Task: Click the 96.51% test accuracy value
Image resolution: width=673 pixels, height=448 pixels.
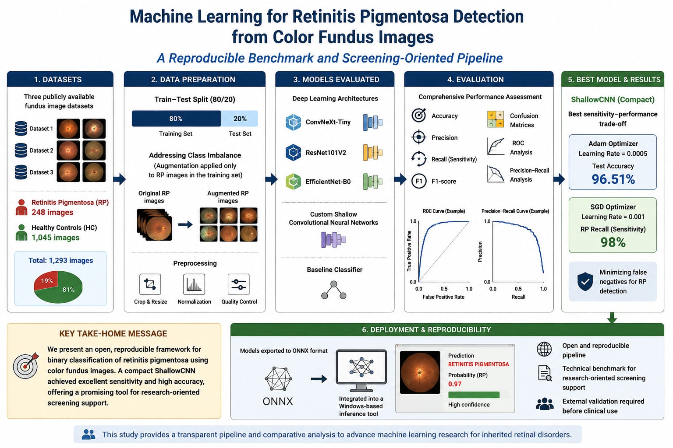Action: point(613,179)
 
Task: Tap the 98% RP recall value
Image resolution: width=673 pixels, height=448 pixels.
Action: point(613,242)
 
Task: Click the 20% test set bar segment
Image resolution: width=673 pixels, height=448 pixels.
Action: point(240,119)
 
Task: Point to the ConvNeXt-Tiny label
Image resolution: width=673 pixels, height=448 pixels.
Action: point(328,122)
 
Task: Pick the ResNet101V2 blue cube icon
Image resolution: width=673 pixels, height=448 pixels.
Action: point(293,152)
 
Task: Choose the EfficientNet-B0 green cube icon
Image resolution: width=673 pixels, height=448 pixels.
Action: point(293,182)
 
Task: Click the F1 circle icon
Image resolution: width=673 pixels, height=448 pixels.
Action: point(419,181)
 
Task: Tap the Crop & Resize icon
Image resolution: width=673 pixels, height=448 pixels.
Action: point(150,284)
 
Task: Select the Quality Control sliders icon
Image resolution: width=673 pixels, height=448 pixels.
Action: point(238,284)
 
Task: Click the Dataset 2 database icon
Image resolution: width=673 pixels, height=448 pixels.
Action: point(21,150)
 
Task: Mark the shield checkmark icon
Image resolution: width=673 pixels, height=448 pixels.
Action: point(585,281)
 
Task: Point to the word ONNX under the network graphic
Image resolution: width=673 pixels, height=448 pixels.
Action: point(278,401)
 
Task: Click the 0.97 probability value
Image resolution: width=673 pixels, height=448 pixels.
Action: point(454,384)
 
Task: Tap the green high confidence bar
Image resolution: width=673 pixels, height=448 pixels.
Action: point(474,395)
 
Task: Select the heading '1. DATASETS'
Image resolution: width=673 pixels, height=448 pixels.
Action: point(58,80)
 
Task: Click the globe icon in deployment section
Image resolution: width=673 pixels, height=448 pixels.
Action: point(544,349)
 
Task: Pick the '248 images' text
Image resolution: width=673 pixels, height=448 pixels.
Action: point(52,213)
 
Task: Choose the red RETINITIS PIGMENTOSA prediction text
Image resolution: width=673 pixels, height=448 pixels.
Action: point(478,364)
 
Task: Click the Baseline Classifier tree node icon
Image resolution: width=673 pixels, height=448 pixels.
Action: point(333,290)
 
